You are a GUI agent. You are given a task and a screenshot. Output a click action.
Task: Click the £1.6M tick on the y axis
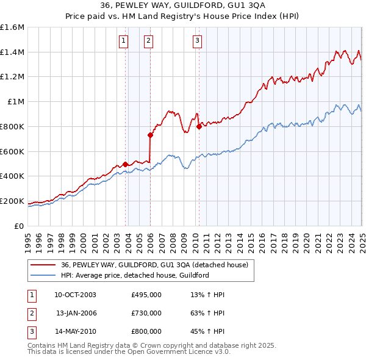13,27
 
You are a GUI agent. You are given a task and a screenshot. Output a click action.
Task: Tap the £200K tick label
12,201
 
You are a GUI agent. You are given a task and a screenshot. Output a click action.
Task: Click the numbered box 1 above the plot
123,41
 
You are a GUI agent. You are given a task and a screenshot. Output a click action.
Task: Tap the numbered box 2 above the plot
148,41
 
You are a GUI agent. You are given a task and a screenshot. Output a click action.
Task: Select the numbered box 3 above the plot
198,41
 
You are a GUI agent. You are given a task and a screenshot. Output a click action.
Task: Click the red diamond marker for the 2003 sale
126,164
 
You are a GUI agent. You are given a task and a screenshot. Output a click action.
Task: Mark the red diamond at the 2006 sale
150,135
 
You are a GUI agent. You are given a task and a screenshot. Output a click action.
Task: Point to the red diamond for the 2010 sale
199,126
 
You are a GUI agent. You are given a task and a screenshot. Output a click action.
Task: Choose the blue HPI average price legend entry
135,276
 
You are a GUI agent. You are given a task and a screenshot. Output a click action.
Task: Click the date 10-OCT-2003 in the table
76,295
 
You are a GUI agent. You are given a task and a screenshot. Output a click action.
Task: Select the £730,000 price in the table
146,313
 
